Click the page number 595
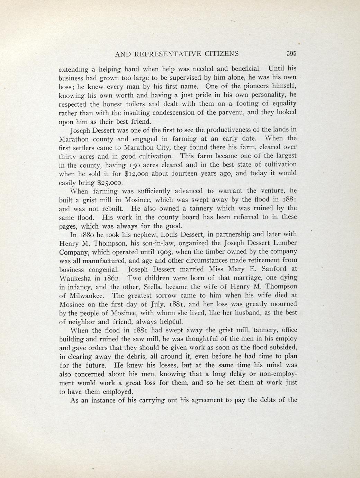292,54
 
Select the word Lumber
284,242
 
